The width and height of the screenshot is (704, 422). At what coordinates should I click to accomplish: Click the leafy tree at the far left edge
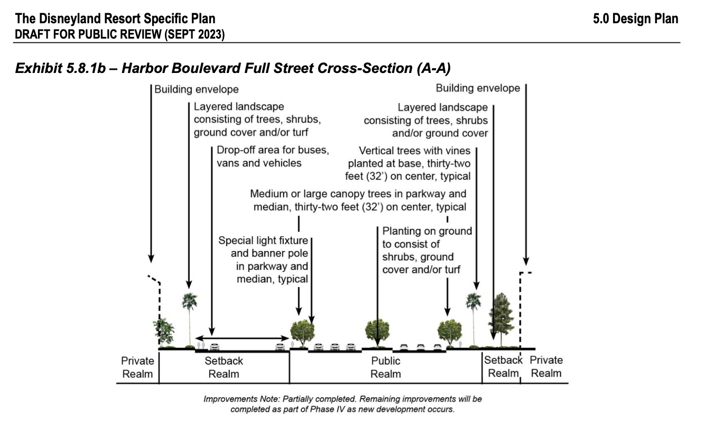pyautogui.click(x=163, y=331)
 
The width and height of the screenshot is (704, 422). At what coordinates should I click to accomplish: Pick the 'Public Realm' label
pyautogui.click(x=385, y=368)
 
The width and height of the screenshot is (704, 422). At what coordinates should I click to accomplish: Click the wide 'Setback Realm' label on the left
pyautogui.click(x=224, y=368)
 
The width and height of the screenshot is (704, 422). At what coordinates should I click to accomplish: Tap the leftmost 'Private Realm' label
pyautogui.click(x=137, y=368)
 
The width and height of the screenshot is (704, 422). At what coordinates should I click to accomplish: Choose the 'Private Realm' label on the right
pyautogui.click(x=546, y=366)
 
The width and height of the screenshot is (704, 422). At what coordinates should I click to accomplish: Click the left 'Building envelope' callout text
pyautogui.click(x=197, y=89)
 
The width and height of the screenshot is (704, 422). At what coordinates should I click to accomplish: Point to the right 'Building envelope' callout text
pyautogui.click(x=478, y=88)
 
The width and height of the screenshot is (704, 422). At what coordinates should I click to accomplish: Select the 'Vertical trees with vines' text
pyautogui.click(x=414, y=151)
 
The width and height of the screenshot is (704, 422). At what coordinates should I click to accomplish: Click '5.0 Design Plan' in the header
pyautogui.click(x=635, y=19)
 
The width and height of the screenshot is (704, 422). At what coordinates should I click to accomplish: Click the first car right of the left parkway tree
pyautogui.click(x=319, y=347)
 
